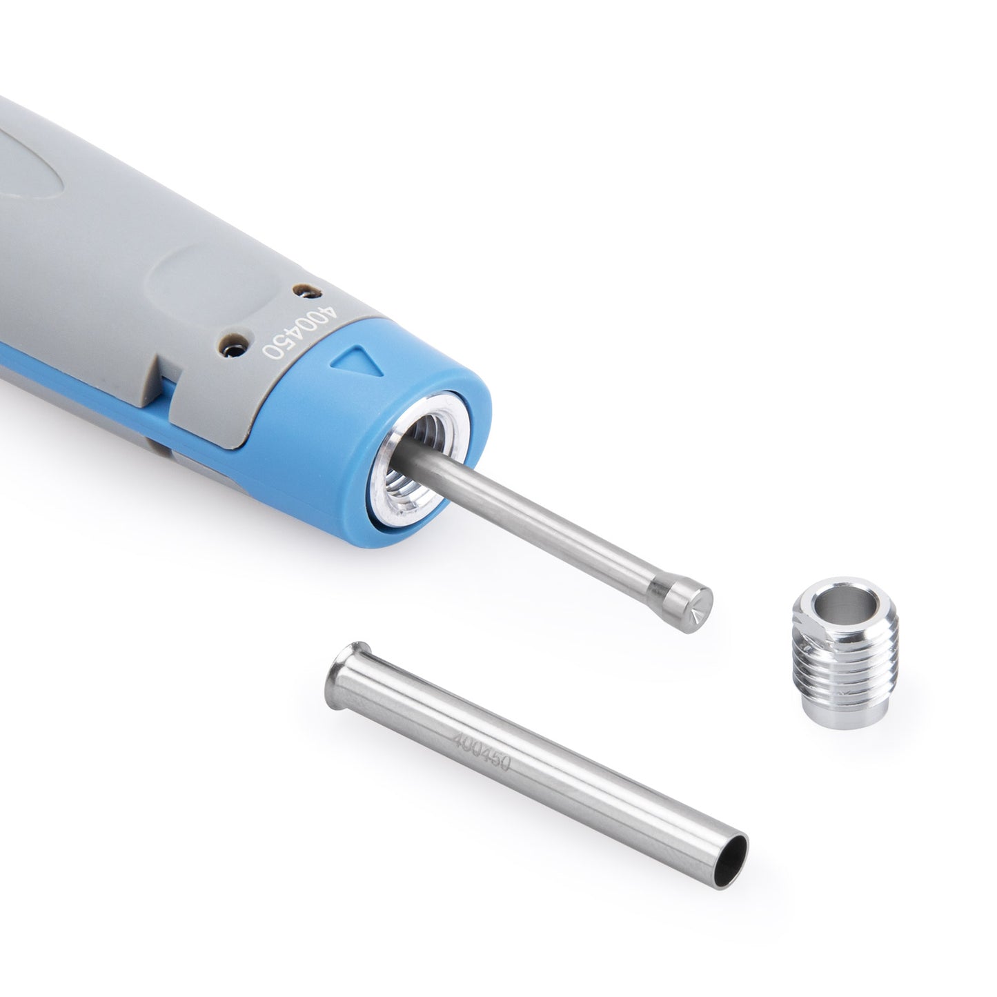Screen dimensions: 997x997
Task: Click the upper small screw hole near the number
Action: coord(302,292)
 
